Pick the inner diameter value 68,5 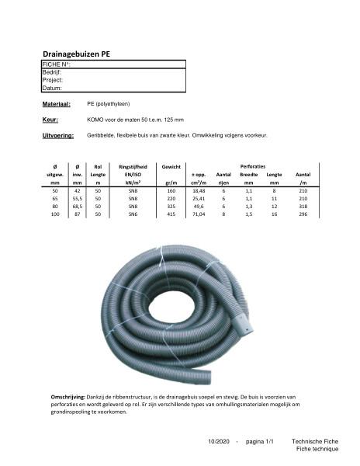coord(76,205)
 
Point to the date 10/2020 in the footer coord(220,440)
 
